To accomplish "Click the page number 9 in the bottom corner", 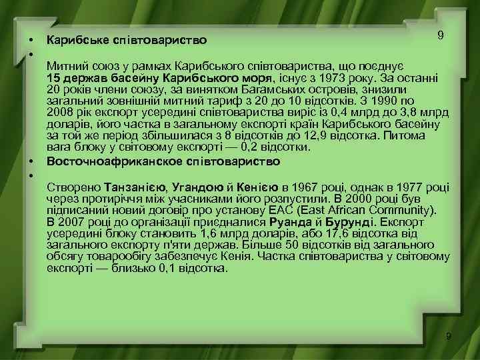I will (449, 336).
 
